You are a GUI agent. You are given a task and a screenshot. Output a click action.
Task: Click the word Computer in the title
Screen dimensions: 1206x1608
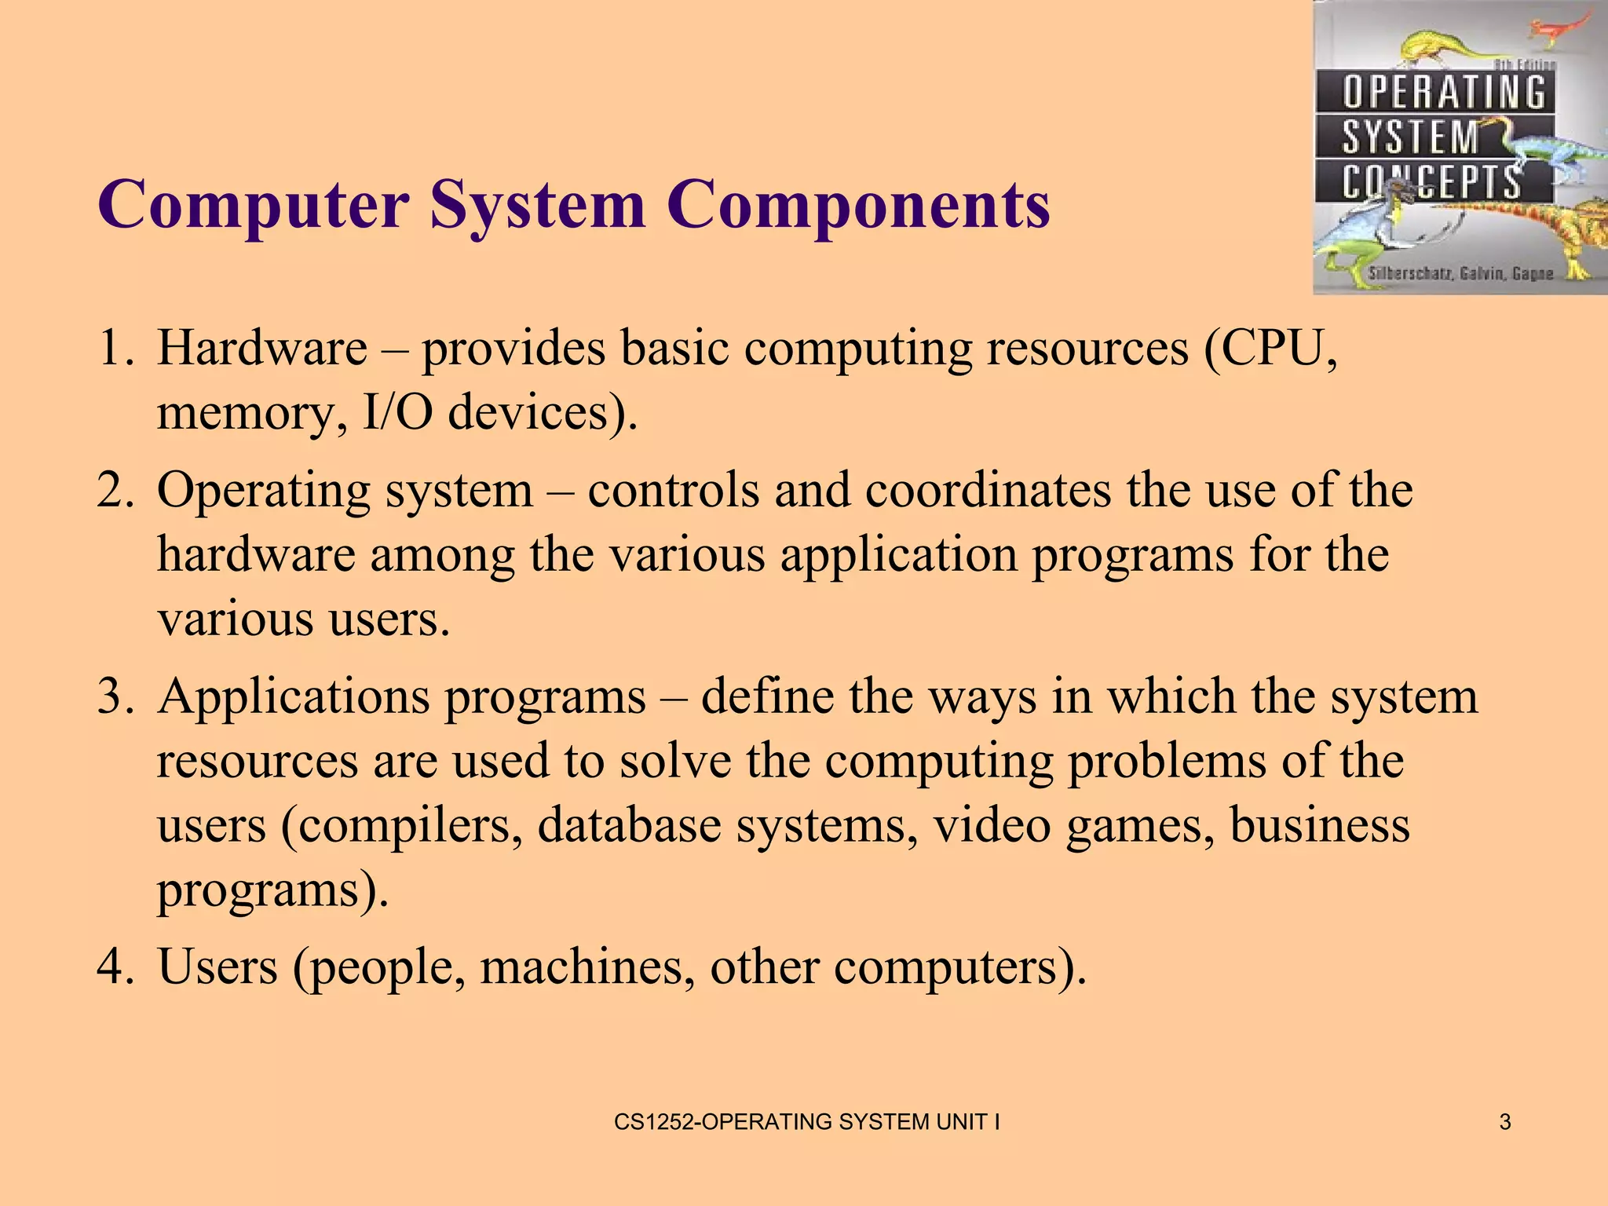click(253, 206)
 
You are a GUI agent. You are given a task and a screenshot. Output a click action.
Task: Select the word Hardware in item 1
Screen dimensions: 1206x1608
click(261, 348)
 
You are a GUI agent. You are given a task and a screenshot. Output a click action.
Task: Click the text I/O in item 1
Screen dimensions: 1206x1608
click(397, 412)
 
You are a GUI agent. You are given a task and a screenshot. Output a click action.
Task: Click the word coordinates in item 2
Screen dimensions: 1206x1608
click(988, 491)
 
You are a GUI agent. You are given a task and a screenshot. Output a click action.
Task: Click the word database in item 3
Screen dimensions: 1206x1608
click(629, 826)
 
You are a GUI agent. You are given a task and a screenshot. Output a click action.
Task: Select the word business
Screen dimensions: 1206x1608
click(1319, 826)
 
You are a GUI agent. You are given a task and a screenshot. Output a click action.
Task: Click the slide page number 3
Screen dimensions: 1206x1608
click(1504, 1122)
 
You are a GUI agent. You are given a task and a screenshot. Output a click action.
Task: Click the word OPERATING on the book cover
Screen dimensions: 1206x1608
click(1443, 93)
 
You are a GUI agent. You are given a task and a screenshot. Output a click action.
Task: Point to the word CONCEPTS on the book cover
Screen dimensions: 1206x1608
click(1431, 182)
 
